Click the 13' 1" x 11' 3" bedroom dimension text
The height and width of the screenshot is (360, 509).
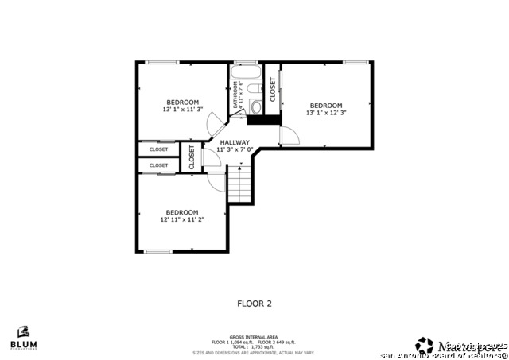pyautogui.click(x=182, y=110)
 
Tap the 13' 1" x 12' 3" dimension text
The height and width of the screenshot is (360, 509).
pyautogui.click(x=326, y=113)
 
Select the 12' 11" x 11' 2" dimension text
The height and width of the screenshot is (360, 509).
pyautogui.click(x=181, y=219)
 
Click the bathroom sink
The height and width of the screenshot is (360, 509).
pyautogui.click(x=256, y=108)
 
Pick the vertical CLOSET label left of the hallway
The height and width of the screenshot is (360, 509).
pyautogui.click(x=192, y=157)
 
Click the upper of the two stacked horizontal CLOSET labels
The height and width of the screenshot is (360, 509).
pyautogui.click(x=158, y=149)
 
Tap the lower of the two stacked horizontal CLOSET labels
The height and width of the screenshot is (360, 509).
pyautogui.click(x=158, y=165)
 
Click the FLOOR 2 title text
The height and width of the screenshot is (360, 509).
pyautogui.click(x=254, y=303)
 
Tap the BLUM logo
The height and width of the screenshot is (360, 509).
pyautogui.click(x=23, y=338)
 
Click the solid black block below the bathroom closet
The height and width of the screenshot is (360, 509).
pyautogui.click(x=263, y=121)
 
